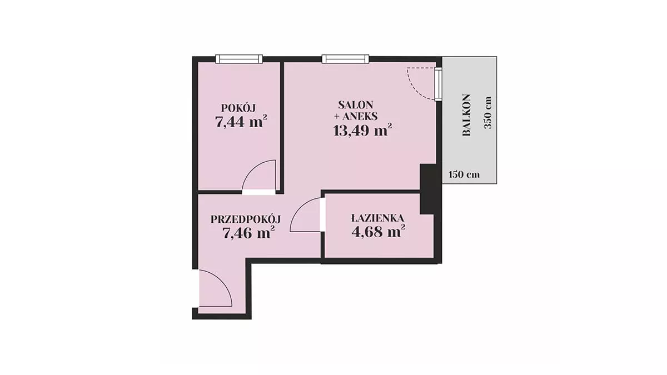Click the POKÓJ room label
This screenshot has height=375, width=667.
[x=238, y=108]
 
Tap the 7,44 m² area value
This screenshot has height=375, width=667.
[x=241, y=121]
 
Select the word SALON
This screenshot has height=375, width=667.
[x=356, y=105]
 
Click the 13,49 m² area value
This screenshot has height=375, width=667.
[x=362, y=130]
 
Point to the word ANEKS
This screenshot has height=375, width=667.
[x=360, y=116]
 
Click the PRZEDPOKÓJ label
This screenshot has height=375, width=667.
[x=246, y=219]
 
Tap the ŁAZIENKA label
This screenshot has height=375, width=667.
[x=377, y=218]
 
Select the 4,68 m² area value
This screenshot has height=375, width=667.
[x=378, y=231]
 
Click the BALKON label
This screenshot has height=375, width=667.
[x=466, y=115]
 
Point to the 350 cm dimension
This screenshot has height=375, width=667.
[x=488, y=112]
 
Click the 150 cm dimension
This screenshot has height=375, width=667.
[x=464, y=174]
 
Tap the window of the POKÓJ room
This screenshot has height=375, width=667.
[x=239, y=59]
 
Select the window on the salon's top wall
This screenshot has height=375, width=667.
[x=345, y=59]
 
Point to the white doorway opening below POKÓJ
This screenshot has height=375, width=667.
[x=258, y=192]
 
